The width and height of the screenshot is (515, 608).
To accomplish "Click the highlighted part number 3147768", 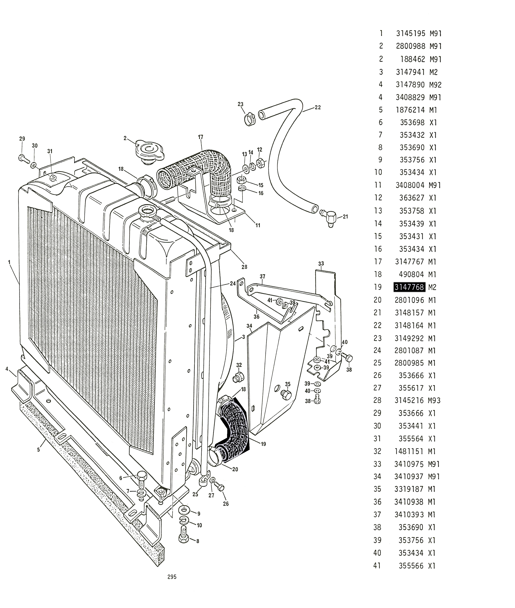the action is pos(409,287).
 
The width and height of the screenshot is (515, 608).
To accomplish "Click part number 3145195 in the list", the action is pos(411,34).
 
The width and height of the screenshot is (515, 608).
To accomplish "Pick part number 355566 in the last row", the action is pos(411,566).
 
